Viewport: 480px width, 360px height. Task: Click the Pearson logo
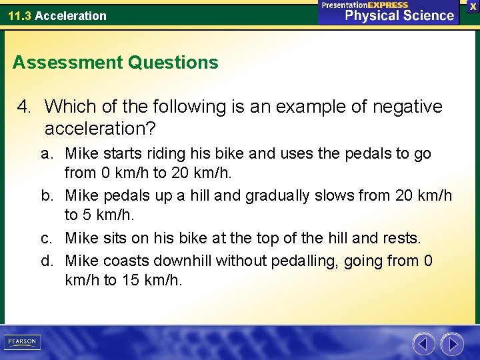21,342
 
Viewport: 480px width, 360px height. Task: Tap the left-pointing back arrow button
423,343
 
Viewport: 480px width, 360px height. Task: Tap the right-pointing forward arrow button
452,343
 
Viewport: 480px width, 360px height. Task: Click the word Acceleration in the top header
71,15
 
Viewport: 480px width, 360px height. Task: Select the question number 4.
25,107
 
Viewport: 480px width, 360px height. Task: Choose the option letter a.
46,154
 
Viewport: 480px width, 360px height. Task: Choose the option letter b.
47,196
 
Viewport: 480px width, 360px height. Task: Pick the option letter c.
46,238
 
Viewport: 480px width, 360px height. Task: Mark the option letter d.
47,260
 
